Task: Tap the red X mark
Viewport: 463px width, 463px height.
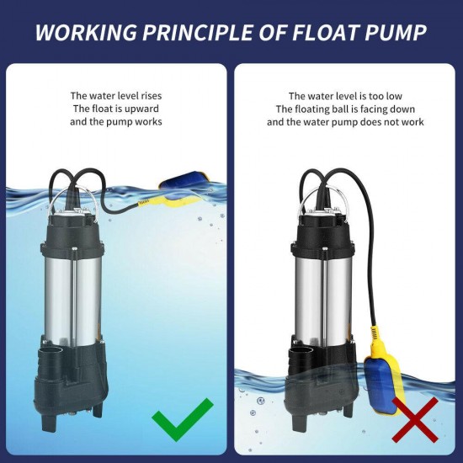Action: click(413, 418)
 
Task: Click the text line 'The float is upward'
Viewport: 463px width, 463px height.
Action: click(115, 109)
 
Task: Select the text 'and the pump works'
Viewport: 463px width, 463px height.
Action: click(115, 122)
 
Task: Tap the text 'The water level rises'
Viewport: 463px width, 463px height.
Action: click(115, 96)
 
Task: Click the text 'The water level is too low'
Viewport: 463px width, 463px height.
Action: click(345, 96)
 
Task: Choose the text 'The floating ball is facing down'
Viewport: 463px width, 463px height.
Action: click(345, 109)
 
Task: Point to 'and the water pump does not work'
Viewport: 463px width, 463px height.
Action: click(345, 122)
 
